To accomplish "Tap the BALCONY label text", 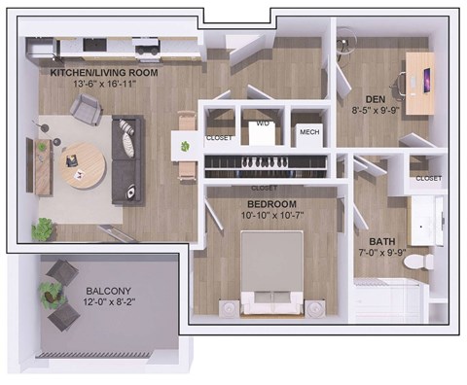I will pos(108,292).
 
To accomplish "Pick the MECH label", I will pos(309,132).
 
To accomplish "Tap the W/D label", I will pos(262,124).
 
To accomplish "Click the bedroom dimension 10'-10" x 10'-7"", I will pos(271,216).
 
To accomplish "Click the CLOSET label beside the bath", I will pos(428,179).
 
